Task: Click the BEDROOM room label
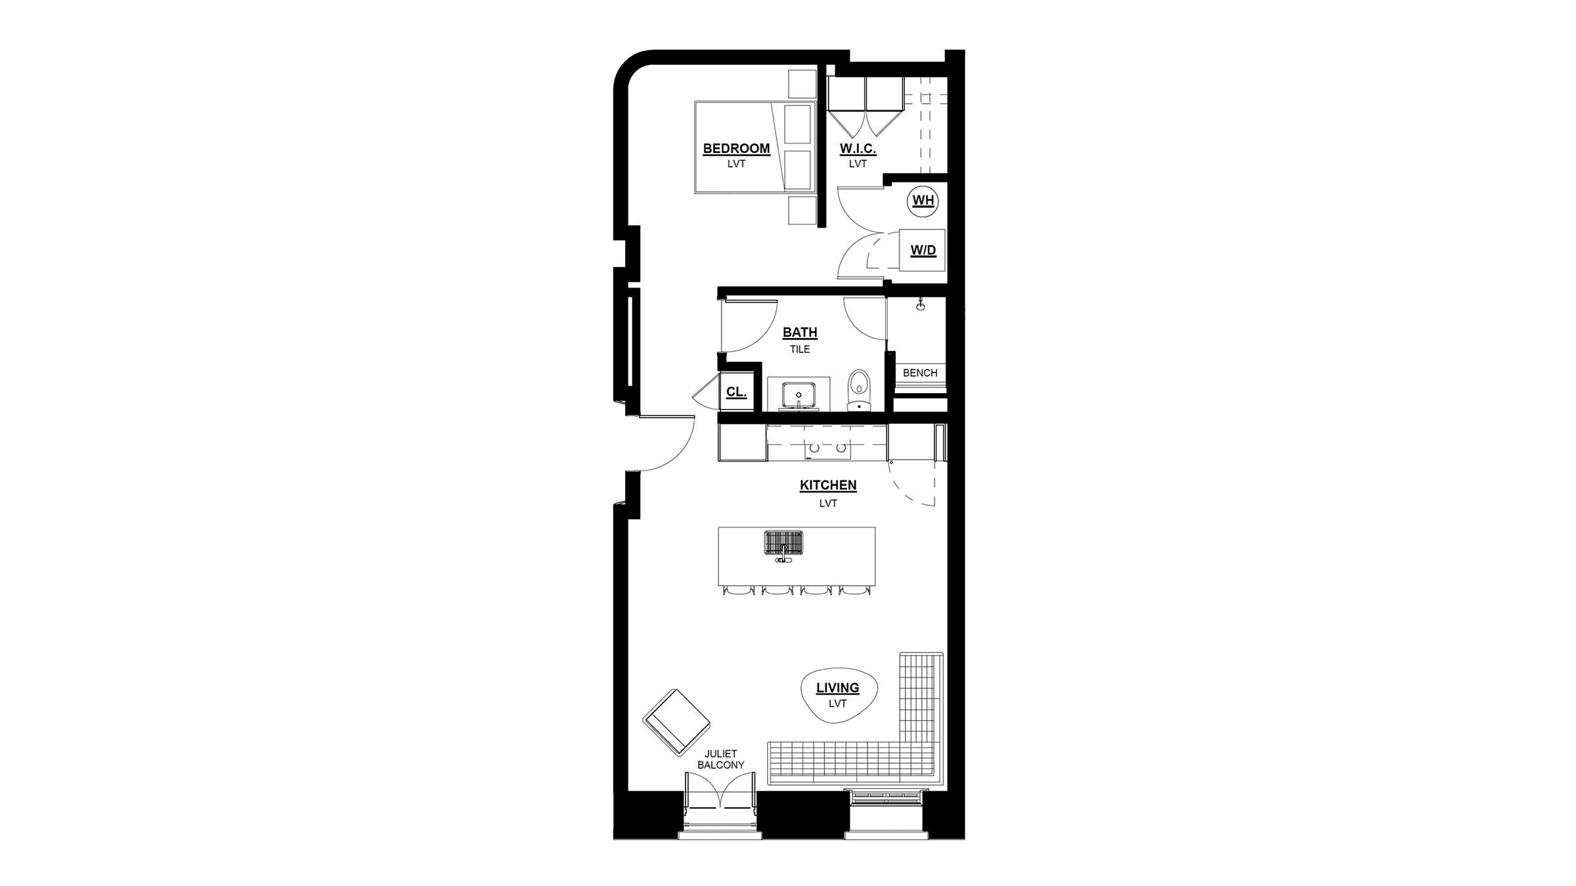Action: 736,148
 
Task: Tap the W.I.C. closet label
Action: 858,149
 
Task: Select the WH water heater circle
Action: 923,201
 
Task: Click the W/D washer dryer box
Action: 922,250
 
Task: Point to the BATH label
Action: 800,333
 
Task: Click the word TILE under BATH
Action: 800,349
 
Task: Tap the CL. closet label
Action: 736,392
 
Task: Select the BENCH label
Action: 920,373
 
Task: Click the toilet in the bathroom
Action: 858,390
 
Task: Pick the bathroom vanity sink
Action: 799,396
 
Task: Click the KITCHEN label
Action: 828,486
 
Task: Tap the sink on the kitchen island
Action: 783,545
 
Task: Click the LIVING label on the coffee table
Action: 837,688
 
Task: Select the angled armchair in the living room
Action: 676,722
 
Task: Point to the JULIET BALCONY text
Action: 721,759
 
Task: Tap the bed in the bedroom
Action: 755,147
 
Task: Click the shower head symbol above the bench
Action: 921,304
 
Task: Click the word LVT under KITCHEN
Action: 828,503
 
